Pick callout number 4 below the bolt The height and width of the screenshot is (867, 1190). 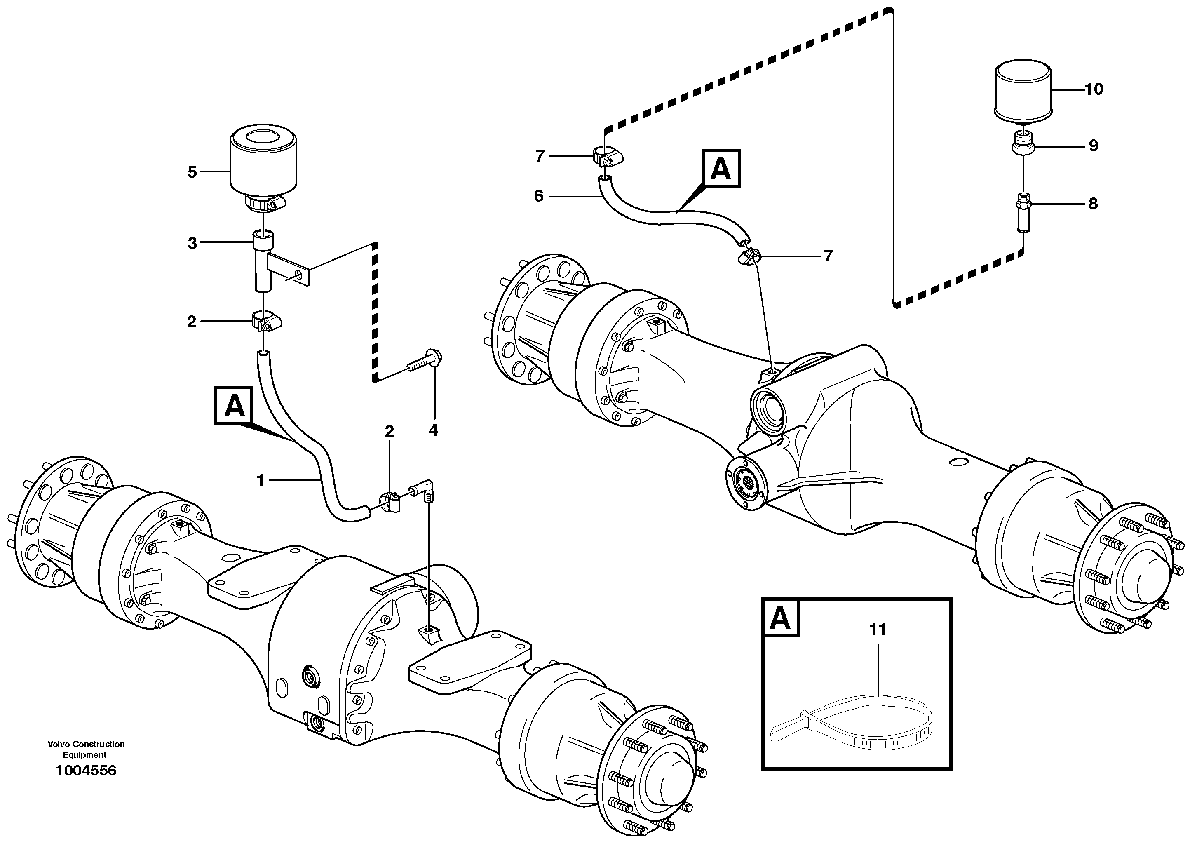[x=433, y=430]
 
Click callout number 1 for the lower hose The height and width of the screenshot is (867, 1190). [x=260, y=480]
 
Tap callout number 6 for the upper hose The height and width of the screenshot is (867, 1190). [x=539, y=196]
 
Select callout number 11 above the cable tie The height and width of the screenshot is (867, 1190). [x=878, y=629]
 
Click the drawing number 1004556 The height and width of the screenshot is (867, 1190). [x=86, y=771]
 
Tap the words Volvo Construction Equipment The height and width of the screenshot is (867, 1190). [x=86, y=749]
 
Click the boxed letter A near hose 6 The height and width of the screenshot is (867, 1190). [x=721, y=169]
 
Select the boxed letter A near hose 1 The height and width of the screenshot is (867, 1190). [x=234, y=405]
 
